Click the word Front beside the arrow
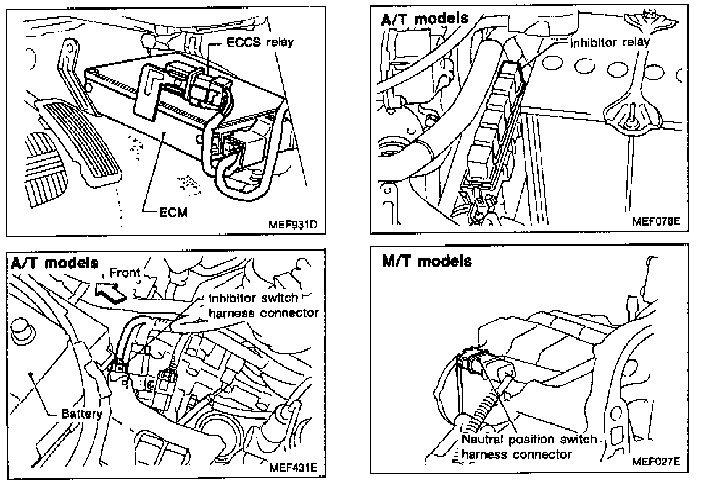pos(125,271)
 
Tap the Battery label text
pos(81,414)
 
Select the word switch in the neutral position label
pos(576,440)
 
